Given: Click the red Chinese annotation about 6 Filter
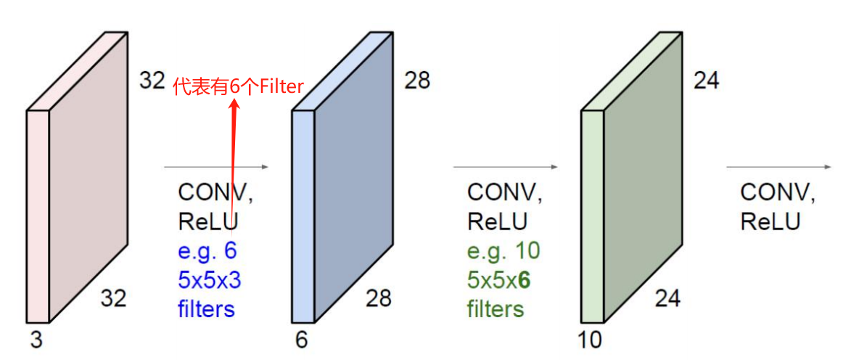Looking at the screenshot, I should point(238,86).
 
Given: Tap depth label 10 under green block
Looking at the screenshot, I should point(591,339).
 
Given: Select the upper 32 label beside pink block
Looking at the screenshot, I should point(152,80).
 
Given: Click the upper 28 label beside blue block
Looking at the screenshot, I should point(417,80).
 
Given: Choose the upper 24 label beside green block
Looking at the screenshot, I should point(706,80).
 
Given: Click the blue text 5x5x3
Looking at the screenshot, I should point(209,280).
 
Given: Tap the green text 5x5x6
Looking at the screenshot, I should point(498,280).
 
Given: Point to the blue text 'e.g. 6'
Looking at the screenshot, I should point(207,251).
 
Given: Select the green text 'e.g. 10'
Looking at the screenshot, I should point(504,251).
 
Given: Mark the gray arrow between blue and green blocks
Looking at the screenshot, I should point(506,167).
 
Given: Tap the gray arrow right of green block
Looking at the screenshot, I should point(779,167).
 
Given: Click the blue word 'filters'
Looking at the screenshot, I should point(207,309).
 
